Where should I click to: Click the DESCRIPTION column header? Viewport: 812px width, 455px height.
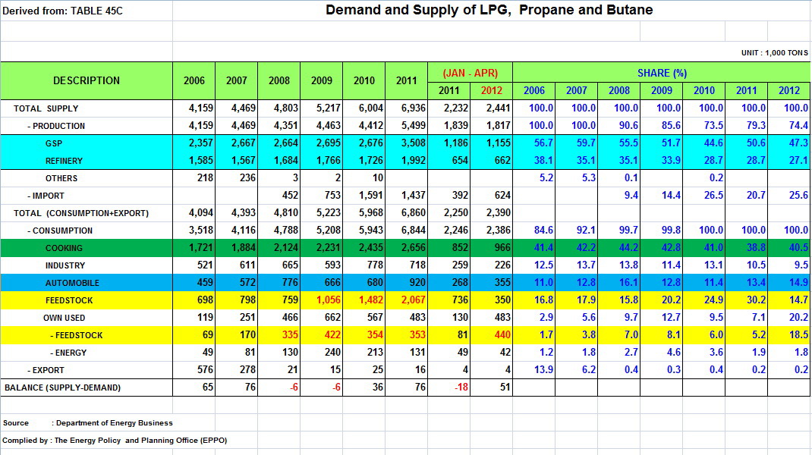86,80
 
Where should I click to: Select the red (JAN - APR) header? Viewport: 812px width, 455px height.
471,73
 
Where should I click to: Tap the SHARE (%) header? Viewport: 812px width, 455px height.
662,73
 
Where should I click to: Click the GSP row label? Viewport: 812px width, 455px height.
54,143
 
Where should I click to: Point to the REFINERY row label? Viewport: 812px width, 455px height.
64,161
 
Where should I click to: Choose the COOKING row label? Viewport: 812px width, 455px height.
64,248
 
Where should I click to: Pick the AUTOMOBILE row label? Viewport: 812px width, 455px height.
72,283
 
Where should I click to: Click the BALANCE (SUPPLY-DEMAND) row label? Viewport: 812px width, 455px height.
63,388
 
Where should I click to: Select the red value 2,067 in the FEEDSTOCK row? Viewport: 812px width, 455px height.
414,300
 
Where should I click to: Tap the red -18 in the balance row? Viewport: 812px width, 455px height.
461,388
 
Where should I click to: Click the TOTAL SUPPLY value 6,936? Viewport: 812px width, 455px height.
414,108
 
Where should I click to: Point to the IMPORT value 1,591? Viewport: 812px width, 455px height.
371,196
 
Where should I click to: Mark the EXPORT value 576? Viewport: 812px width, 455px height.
205,370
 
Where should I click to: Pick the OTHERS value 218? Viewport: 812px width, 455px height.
205,178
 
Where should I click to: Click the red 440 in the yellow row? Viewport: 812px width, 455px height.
502,335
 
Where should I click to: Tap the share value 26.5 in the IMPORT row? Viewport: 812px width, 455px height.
713,196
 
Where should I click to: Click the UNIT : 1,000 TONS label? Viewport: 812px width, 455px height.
774,53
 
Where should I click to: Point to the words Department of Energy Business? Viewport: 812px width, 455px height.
114,423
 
